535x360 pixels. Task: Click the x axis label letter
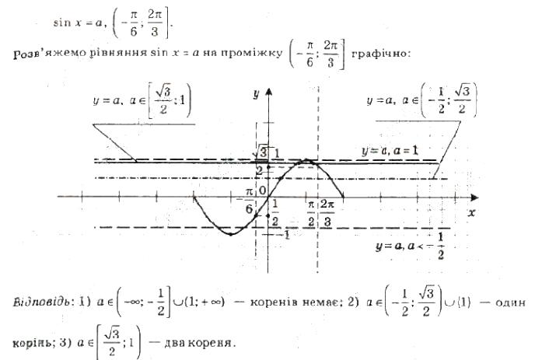pos(471,211)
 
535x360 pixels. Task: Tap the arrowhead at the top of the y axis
pos(268,92)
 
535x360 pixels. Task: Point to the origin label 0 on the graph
pos(263,190)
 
